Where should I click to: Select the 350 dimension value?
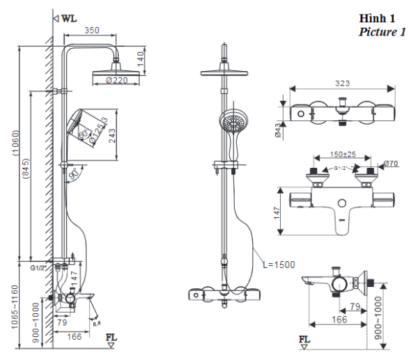click(91, 30)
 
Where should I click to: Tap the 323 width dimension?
click(342, 83)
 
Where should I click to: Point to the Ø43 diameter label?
click(278, 130)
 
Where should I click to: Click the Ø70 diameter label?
click(389, 164)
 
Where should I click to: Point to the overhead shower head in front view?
click(225, 72)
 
